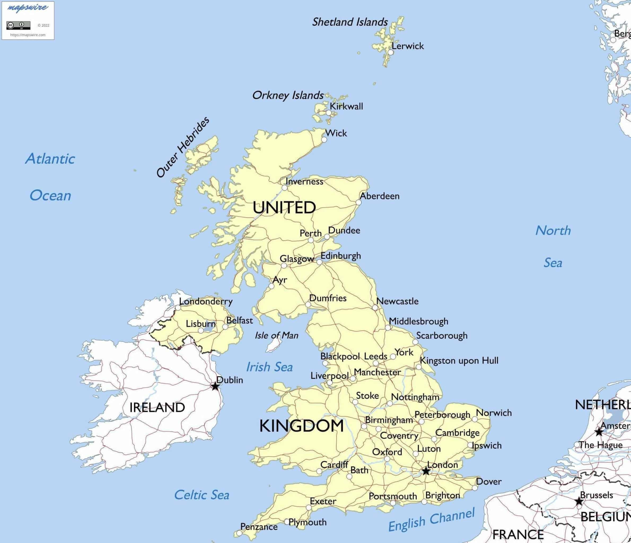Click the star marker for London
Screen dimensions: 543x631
(x=426, y=471)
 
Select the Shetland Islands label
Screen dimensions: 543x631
(x=350, y=22)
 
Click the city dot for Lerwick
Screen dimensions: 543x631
(x=391, y=52)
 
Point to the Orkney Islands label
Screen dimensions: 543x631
(x=288, y=95)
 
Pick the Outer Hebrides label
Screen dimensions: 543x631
(x=183, y=147)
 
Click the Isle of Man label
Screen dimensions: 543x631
(x=277, y=335)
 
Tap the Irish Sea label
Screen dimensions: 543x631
(x=269, y=367)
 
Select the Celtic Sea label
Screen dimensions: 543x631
(x=201, y=495)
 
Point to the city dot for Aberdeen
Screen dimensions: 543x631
(x=359, y=203)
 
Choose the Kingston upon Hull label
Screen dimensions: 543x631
(x=459, y=361)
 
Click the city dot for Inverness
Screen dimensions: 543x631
(x=284, y=188)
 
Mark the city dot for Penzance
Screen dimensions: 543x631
(x=239, y=533)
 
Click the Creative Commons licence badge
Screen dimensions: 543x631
(x=18, y=25)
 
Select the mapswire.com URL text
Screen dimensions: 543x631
(x=28, y=35)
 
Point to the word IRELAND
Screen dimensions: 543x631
(x=157, y=408)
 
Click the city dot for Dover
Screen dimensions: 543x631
(x=475, y=488)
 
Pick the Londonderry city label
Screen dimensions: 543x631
(x=206, y=301)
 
